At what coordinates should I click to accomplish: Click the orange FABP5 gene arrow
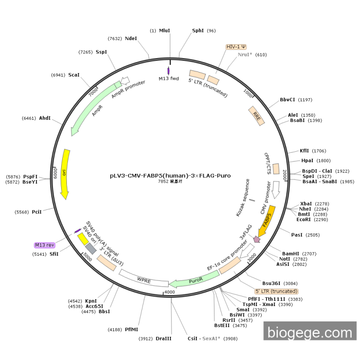[x=269, y=218]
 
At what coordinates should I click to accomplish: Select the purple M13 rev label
[x=44, y=245]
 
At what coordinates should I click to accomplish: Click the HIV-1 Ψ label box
[x=236, y=47]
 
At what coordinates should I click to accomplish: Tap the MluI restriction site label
[x=164, y=31]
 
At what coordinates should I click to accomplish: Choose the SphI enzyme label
[x=198, y=31]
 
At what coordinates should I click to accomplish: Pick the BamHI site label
[x=291, y=254]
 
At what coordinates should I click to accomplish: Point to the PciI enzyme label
[x=37, y=212]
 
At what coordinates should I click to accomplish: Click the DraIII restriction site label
[x=164, y=338]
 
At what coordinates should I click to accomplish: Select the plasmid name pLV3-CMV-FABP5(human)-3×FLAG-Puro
[x=170, y=175]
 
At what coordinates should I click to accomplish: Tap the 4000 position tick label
[x=170, y=292]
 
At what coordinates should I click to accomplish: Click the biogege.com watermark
[x=310, y=332]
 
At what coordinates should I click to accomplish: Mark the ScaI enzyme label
[x=74, y=75]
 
